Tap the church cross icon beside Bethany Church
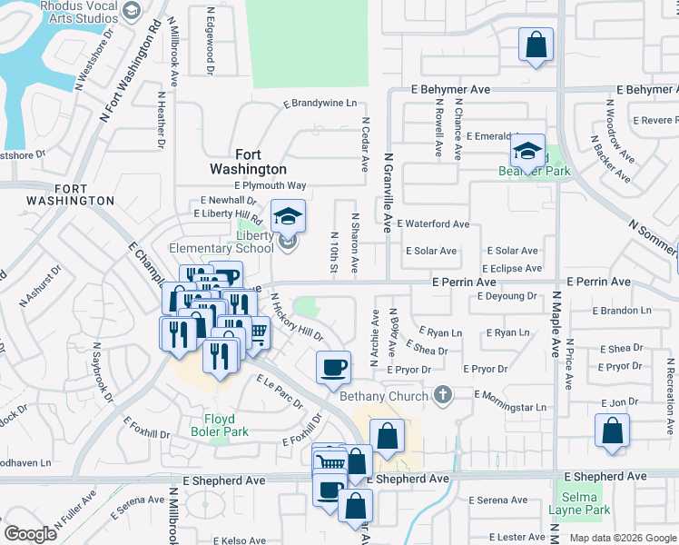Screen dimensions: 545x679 (443, 395)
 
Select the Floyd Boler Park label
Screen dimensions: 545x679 (213, 426)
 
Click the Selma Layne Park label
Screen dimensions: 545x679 (579, 503)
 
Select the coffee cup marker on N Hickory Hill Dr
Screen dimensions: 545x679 (334, 366)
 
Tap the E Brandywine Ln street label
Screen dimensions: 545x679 (320, 104)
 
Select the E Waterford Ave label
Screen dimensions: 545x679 (438, 224)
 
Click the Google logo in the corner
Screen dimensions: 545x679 (30, 534)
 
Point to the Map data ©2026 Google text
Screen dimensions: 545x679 (623, 538)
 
